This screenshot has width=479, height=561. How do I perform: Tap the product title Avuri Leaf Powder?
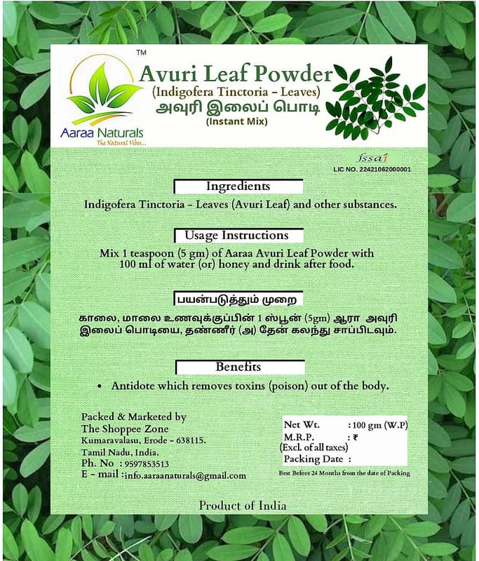point(235,74)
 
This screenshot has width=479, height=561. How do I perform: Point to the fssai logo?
point(389,158)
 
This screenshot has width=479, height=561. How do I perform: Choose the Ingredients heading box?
point(238,187)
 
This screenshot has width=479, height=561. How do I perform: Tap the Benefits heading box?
point(238,367)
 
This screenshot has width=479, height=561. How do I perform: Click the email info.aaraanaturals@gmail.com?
point(185,475)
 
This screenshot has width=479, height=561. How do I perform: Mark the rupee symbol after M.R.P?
point(355,436)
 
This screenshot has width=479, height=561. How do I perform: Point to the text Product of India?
point(242,505)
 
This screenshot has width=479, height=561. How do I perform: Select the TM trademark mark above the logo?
point(141,53)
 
